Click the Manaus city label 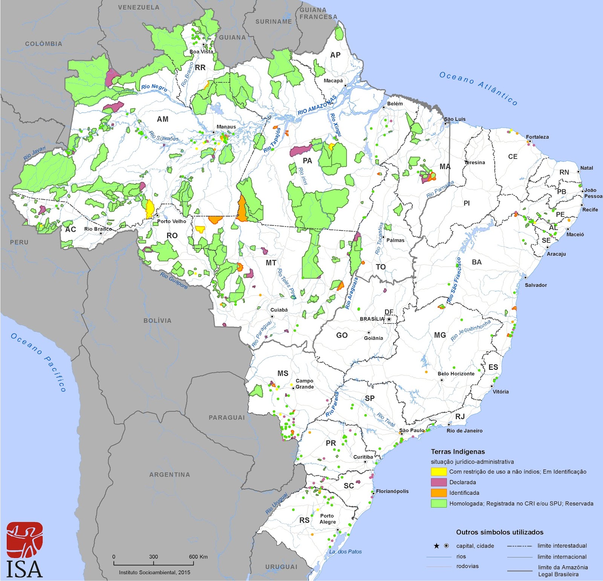pyautogui.click(x=226, y=127)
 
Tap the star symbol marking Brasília pyautogui.click(x=389, y=319)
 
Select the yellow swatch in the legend pyautogui.click(x=439, y=471)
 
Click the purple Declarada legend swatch pyautogui.click(x=439, y=482)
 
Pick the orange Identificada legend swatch pyautogui.click(x=439, y=493)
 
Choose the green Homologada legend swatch pyautogui.click(x=439, y=503)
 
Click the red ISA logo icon pyautogui.click(x=24, y=540)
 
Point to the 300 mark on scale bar pyautogui.click(x=153, y=557)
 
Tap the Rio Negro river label pyautogui.click(x=154, y=87)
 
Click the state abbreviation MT pyautogui.click(x=271, y=263)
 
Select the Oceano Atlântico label pyautogui.click(x=479, y=88)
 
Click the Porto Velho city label pyautogui.click(x=171, y=221)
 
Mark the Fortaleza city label pyautogui.click(x=537, y=137)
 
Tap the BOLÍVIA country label pyautogui.click(x=157, y=321)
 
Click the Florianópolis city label pyautogui.click(x=392, y=491)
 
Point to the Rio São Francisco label pyautogui.click(x=454, y=281)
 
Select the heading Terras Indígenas pyautogui.click(x=458, y=451)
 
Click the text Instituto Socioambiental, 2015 pyautogui.click(x=155, y=572)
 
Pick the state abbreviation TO pyautogui.click(x=381, y=267)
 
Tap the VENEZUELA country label pyautogui.click(x=139, y=8)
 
